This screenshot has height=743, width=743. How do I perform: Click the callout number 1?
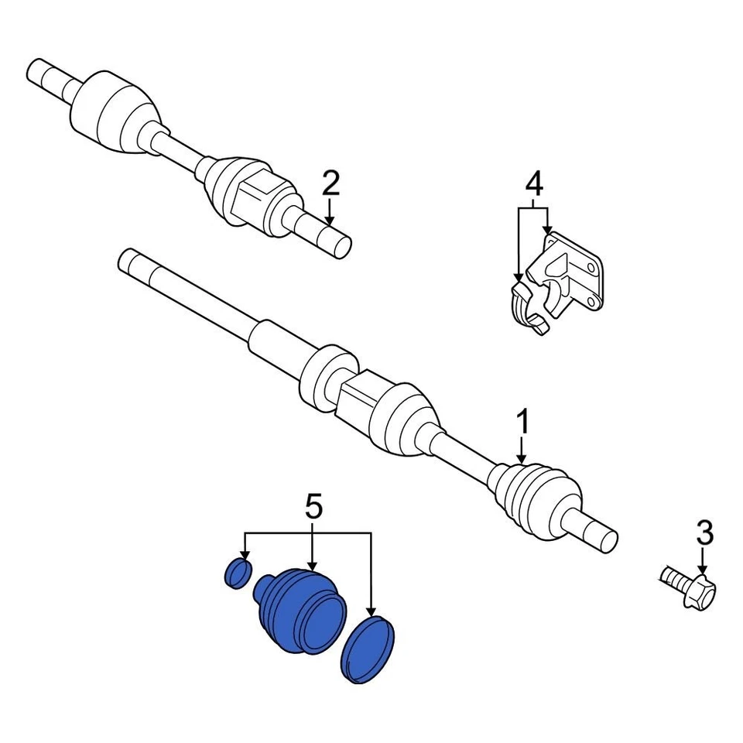pyautogui.click(x=523, y=423)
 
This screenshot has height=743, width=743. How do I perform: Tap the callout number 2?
pyautogui.click(x=330, y=184)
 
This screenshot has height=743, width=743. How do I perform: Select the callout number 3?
pyautogui.click(x=704, y=533)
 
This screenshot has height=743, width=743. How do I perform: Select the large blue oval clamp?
pyautogui.click(x=368, y=649)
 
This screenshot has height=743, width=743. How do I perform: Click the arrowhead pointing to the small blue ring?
pyautogui.click(x=245, y=555)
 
